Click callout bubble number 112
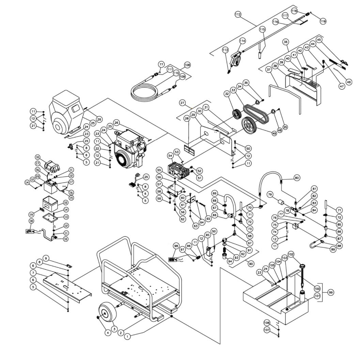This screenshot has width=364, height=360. pos(238,14)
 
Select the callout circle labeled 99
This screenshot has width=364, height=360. pos(330,292)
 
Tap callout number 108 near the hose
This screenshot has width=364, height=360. pos(187,64)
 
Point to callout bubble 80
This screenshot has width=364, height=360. pos(297,178)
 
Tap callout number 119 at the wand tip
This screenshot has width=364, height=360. pos(323,21)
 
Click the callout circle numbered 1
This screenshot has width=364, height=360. pos(127,336)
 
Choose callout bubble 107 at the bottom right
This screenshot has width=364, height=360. pos(267,330)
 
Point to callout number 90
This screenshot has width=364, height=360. pos(251,264)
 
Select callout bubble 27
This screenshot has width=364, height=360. pos(182,103)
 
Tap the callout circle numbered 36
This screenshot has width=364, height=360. pos(286,42)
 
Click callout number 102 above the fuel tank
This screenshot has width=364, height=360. pos(291,254)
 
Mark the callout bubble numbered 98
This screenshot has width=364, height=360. pos(176,246)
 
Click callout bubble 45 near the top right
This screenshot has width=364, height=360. pos(319,39)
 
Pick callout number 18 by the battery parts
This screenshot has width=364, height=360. pos(32,221)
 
